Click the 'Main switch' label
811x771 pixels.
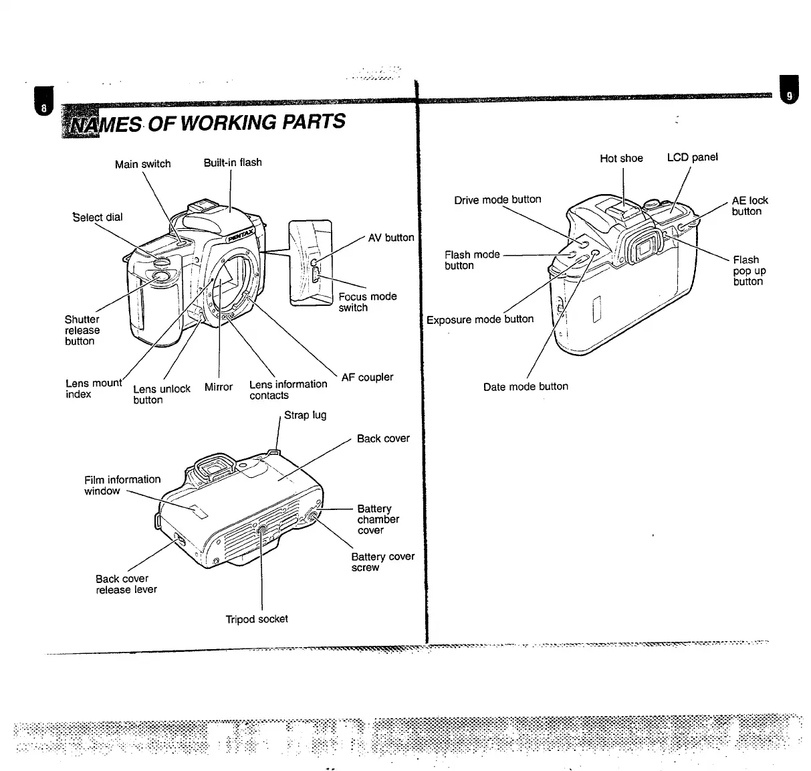[x=142, y=164]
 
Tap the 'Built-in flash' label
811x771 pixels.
[x=233, y=162]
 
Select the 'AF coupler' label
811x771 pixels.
[x=367, y=377]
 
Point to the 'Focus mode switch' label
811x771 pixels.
[x=367, y=302]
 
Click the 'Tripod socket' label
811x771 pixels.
[x=257, y=619]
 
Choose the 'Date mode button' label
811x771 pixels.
[x=526, y=387]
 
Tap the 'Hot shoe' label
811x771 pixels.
[x=621, y=159]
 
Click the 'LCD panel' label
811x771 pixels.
[x=692, y=157]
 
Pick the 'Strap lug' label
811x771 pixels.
[x=305, y=415]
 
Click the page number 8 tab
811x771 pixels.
[x=44, y=108]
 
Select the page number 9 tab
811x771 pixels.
[x=789, y=96]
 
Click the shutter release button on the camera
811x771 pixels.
[x=161, y=276]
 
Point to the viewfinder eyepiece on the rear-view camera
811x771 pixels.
[x=643, y=250]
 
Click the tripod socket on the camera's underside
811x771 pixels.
[x=261, y=531]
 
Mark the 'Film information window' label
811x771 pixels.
[x=122, y=485]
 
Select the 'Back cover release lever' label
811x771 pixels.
[x=126, y=584]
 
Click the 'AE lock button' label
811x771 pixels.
[x=749, y=205]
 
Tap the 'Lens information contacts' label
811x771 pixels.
[x=287, y=390]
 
